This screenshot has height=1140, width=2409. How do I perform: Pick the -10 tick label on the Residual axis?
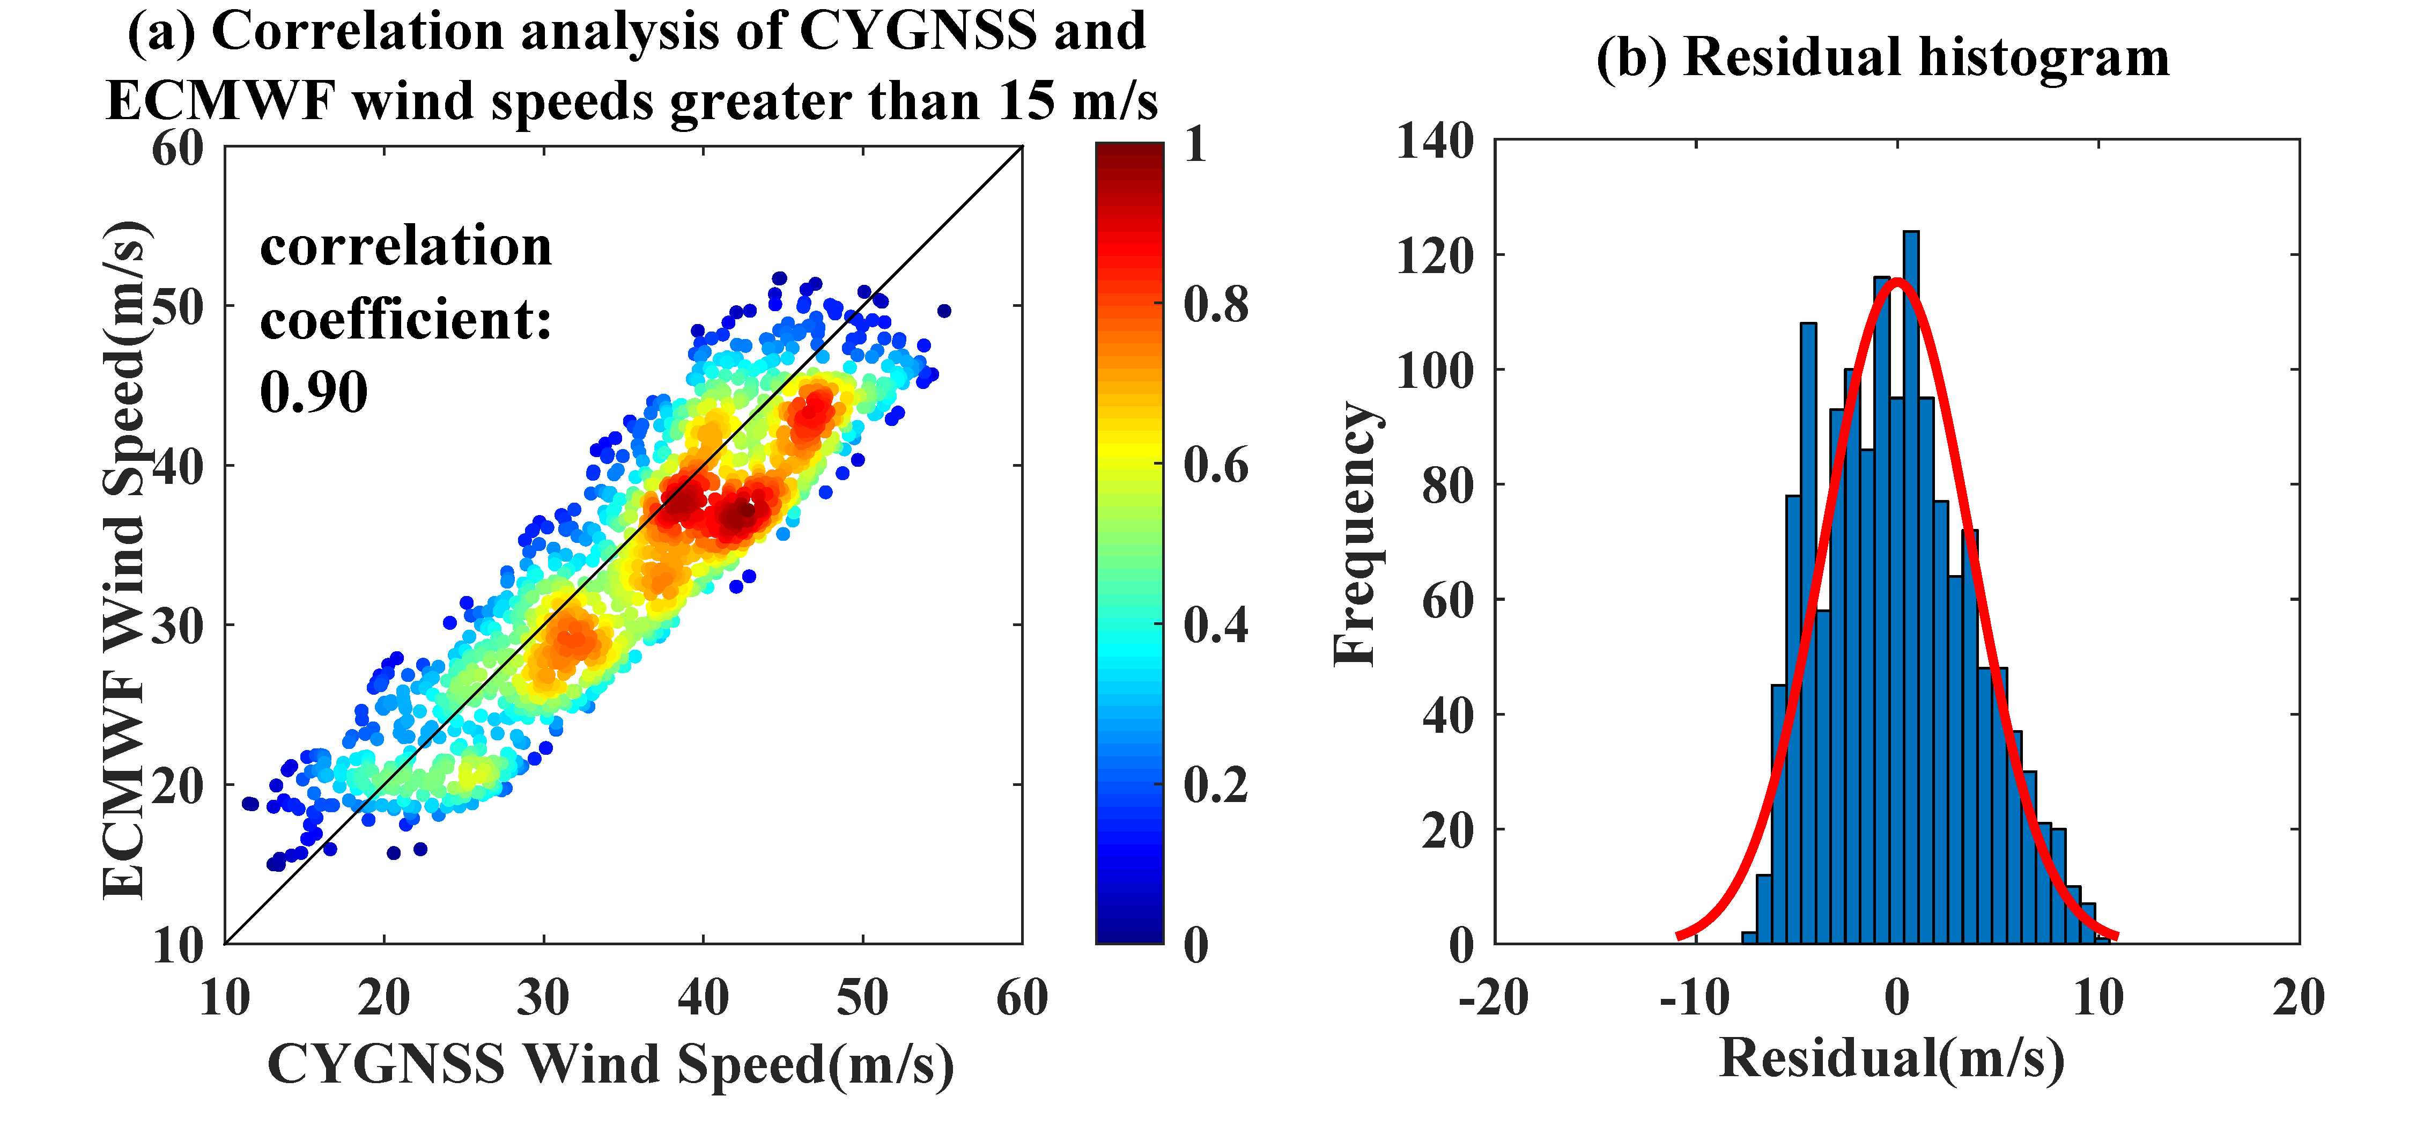point(1695,998)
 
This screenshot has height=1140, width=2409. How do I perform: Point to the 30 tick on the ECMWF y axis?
point(178,626)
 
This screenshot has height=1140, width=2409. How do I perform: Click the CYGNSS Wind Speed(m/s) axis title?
point(611,1064)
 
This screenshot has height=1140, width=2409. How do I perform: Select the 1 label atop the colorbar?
point(1195,145)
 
